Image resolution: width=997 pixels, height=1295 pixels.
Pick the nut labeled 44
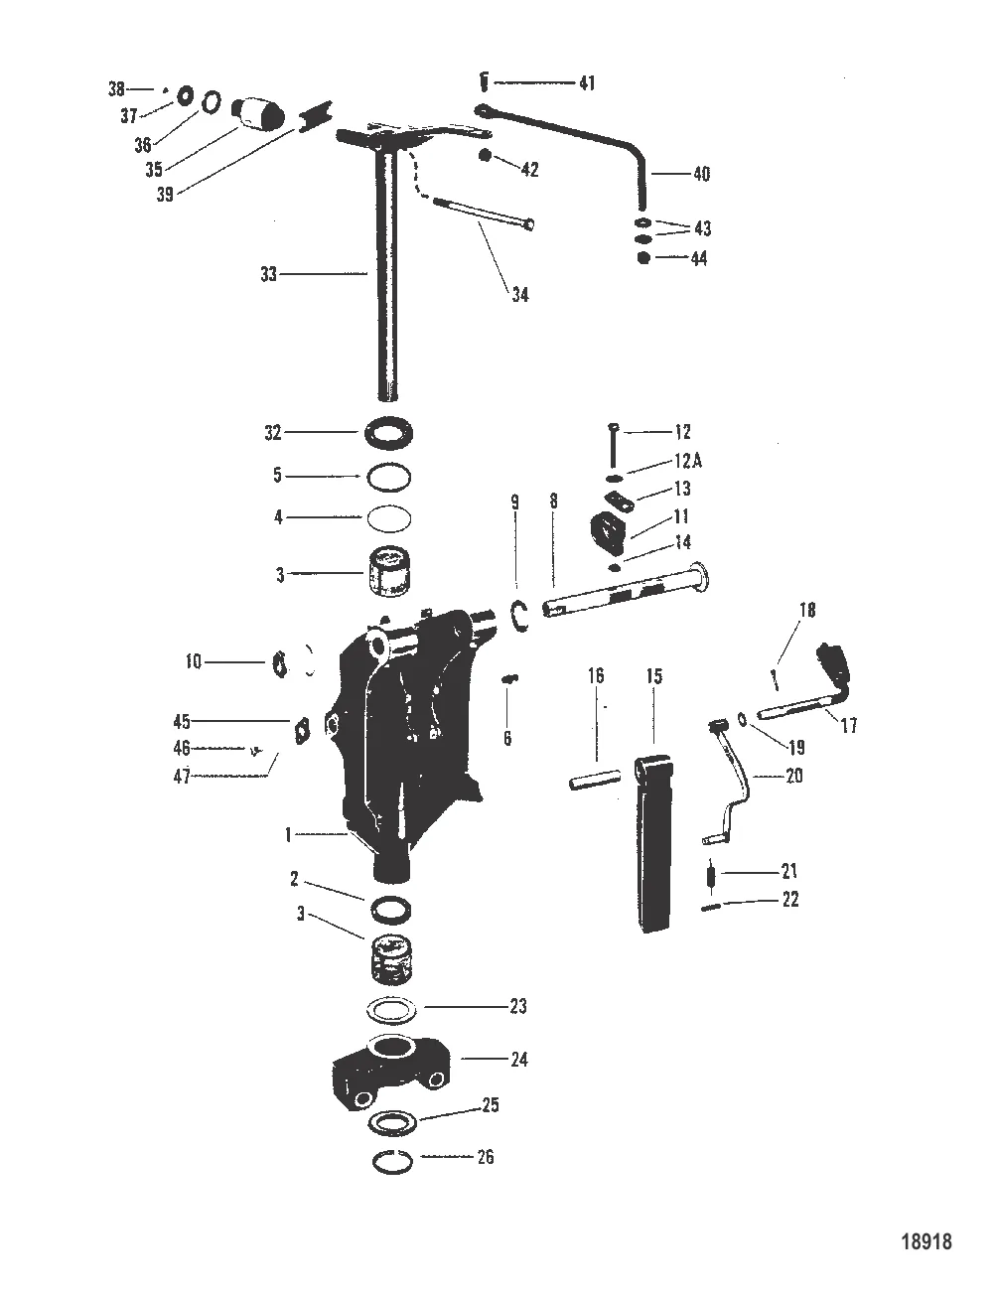644,258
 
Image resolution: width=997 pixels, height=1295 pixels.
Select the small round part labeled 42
486,156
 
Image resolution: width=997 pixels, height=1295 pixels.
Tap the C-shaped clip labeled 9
518,616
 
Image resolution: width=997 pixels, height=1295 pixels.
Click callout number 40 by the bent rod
700,174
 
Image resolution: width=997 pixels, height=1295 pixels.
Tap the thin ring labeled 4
387,517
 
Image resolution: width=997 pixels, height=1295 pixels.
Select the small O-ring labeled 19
744,718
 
